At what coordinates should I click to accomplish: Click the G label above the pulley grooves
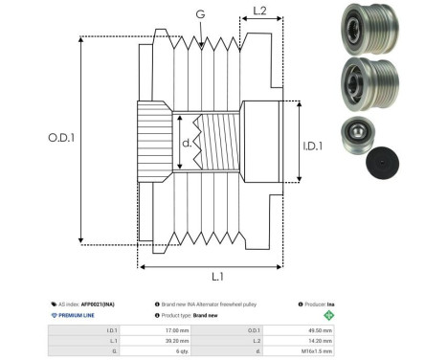[199, 14]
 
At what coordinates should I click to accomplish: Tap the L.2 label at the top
[257, 12]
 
